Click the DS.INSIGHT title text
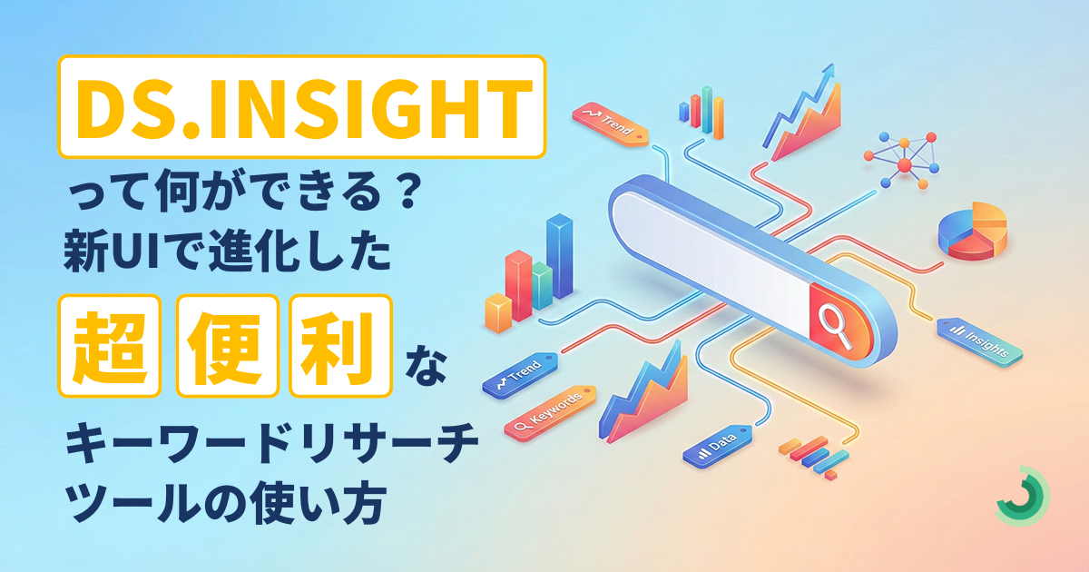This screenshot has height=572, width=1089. click(x=302, y=108)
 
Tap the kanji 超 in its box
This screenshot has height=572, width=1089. click(x=110, y=346)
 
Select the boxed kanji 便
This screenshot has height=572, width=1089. click(x=227, y=346)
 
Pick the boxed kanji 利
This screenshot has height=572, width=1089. click(x=340, y=346)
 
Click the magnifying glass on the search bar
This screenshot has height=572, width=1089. click(x=835, y=325)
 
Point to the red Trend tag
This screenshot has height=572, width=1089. click(x=610, y=124)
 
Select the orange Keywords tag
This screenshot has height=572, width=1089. click(x=550, y=412)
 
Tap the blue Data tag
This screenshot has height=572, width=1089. click(x=718, y=446)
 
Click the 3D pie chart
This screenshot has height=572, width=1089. click(x=972, y=232)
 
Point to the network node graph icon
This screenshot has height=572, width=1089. click(x=902, y=161)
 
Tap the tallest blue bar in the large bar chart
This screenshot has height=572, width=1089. click(x=560, y=256)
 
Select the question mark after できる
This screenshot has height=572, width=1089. click(x=405, y=193)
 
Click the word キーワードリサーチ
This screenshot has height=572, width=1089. click(x=272, y=442)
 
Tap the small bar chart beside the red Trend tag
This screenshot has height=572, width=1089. click(x=701, y=113)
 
